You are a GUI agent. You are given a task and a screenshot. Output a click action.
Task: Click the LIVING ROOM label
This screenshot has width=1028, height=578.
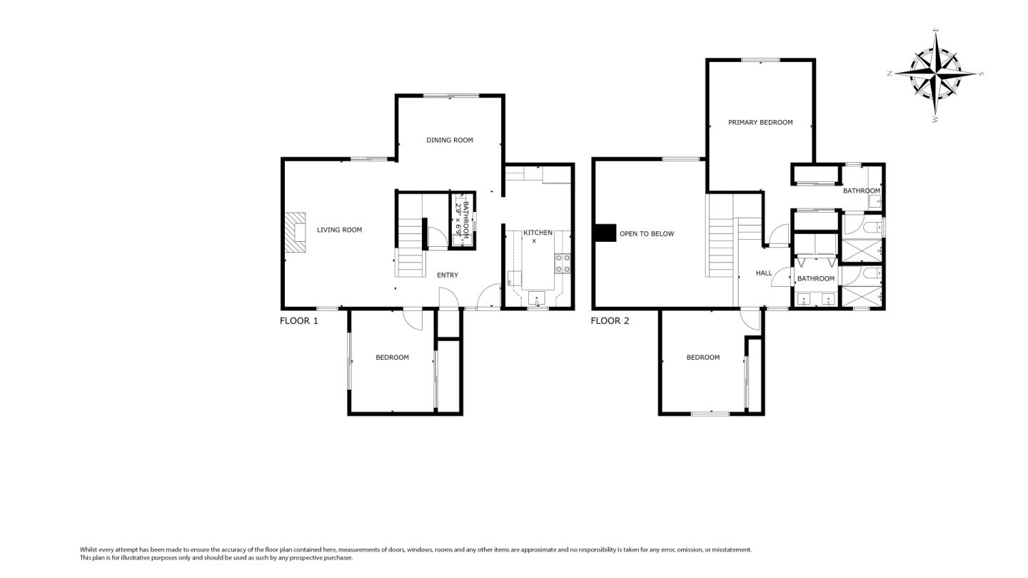pyautogui.click(x=339, y=230)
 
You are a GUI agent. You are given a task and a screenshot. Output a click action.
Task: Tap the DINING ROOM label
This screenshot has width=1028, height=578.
pyautogui.click(x=450, y=140)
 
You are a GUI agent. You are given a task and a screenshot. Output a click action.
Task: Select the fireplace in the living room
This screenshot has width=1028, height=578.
pyautogui.click(x=296, y=233)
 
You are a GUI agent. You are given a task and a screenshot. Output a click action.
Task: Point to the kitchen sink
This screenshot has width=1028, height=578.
pyautogui.click(x=537, y=298)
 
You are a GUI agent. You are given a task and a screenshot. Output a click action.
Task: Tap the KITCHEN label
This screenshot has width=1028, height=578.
pyautogui.click(x=538, y=233)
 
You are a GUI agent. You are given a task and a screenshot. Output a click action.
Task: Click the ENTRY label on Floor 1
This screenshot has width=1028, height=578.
pyautogui.click(x=447, y=275)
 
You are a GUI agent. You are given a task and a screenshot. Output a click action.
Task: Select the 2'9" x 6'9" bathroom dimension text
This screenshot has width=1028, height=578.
pyautogui.click(x=458, y=219)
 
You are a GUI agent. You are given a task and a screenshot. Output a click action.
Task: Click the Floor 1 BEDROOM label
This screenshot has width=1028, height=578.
pyautogui.click(x=392, y=358)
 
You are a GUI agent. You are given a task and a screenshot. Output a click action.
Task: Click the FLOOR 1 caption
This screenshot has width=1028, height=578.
pyautogui.click(x=298, y=321)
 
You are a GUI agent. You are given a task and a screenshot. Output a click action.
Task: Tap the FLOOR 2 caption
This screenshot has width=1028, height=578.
pyautogui.click(x=610, y=321)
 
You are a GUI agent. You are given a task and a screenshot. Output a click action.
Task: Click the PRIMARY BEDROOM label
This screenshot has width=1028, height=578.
pyautogui.click(x=760, y=122)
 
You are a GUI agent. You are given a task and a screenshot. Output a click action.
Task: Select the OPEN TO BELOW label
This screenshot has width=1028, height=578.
pyautogui.click(x=646, y=234)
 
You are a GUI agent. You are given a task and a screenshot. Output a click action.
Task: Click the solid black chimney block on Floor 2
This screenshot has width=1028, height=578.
pyautogui.click(x=605, y=233)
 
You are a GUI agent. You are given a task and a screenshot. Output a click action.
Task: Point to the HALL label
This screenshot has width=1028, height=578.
pyautogui.click(x=764, y=273)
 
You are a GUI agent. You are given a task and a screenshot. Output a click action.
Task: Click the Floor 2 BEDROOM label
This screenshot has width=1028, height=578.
pyautogui.click(x=702, y=358)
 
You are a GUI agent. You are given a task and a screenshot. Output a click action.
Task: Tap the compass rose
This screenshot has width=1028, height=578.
pyautogui.click(x=935, y=73)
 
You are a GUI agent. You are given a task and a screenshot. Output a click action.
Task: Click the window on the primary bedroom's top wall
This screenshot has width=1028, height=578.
pyautogui.click(x=760, y=60)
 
